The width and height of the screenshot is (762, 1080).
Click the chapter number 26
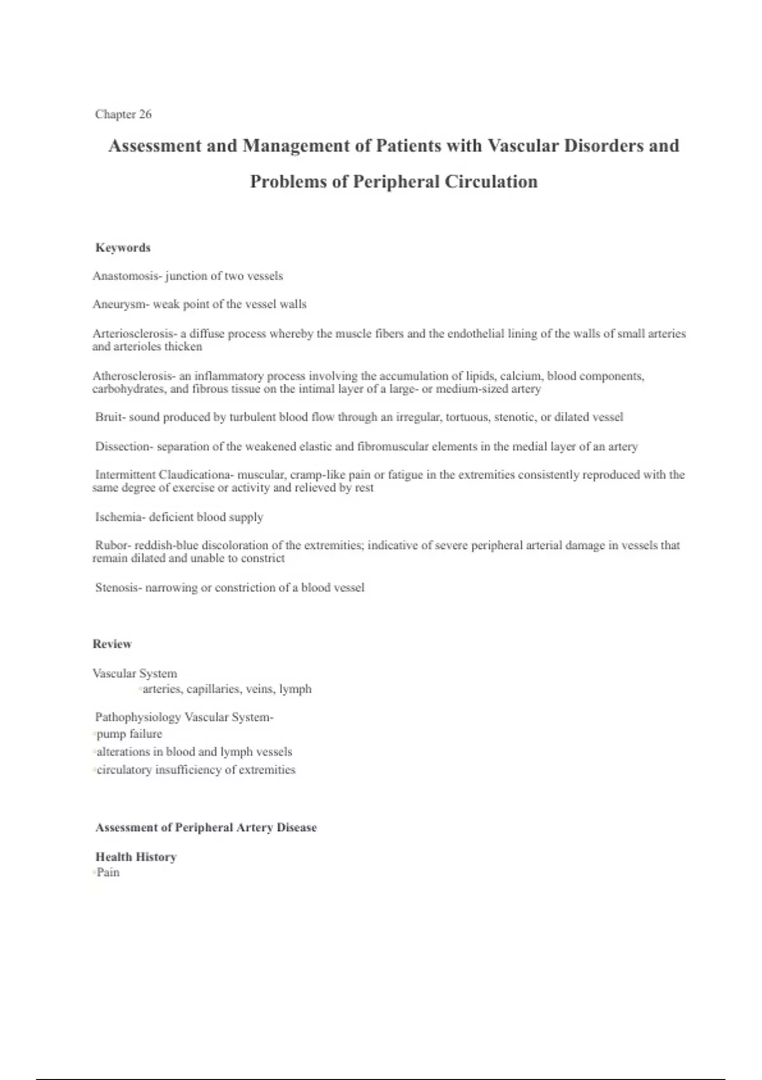145,114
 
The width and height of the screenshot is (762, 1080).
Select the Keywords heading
123,248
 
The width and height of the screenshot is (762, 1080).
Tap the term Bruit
109,417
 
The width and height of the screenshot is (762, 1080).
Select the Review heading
112,644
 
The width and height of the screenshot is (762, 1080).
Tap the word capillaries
213,689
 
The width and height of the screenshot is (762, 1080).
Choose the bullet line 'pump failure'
129,734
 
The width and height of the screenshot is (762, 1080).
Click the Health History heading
136,857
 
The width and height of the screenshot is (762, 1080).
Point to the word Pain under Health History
108,872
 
